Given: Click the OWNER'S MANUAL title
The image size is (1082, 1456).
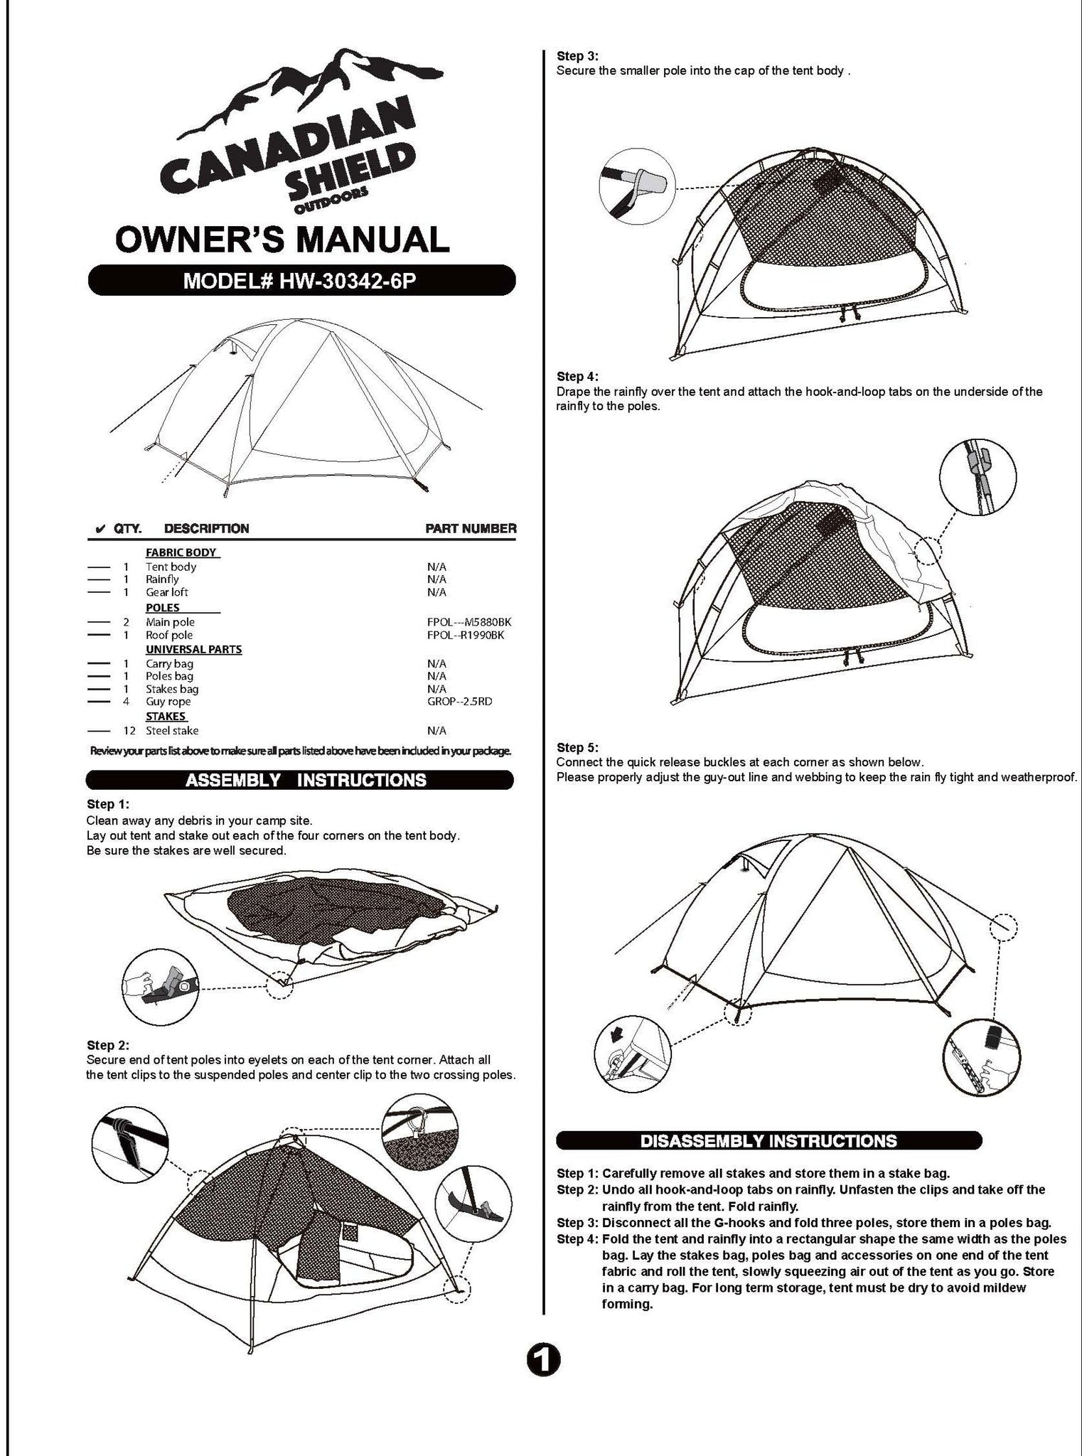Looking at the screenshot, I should click(282, 239).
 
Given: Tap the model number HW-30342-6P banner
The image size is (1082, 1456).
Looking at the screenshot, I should click(301, 281).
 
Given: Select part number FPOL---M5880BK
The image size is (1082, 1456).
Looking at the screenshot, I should click(468, 622).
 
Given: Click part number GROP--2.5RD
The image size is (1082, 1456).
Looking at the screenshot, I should click(459, 701).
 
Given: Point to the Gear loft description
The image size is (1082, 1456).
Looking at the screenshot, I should click(167, 592).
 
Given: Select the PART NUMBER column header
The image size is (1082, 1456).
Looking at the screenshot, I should click(471, 528).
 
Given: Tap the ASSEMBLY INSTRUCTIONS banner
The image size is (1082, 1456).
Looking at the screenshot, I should click(299, 780).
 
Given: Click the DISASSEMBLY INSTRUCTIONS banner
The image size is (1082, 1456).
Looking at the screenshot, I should click(768, 1140).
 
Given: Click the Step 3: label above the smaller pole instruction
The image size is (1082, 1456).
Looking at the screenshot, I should click(577, 55).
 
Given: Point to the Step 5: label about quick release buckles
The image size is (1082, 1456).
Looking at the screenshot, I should click(577, 747).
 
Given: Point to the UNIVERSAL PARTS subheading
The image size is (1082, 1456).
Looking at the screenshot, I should click(193, 649).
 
